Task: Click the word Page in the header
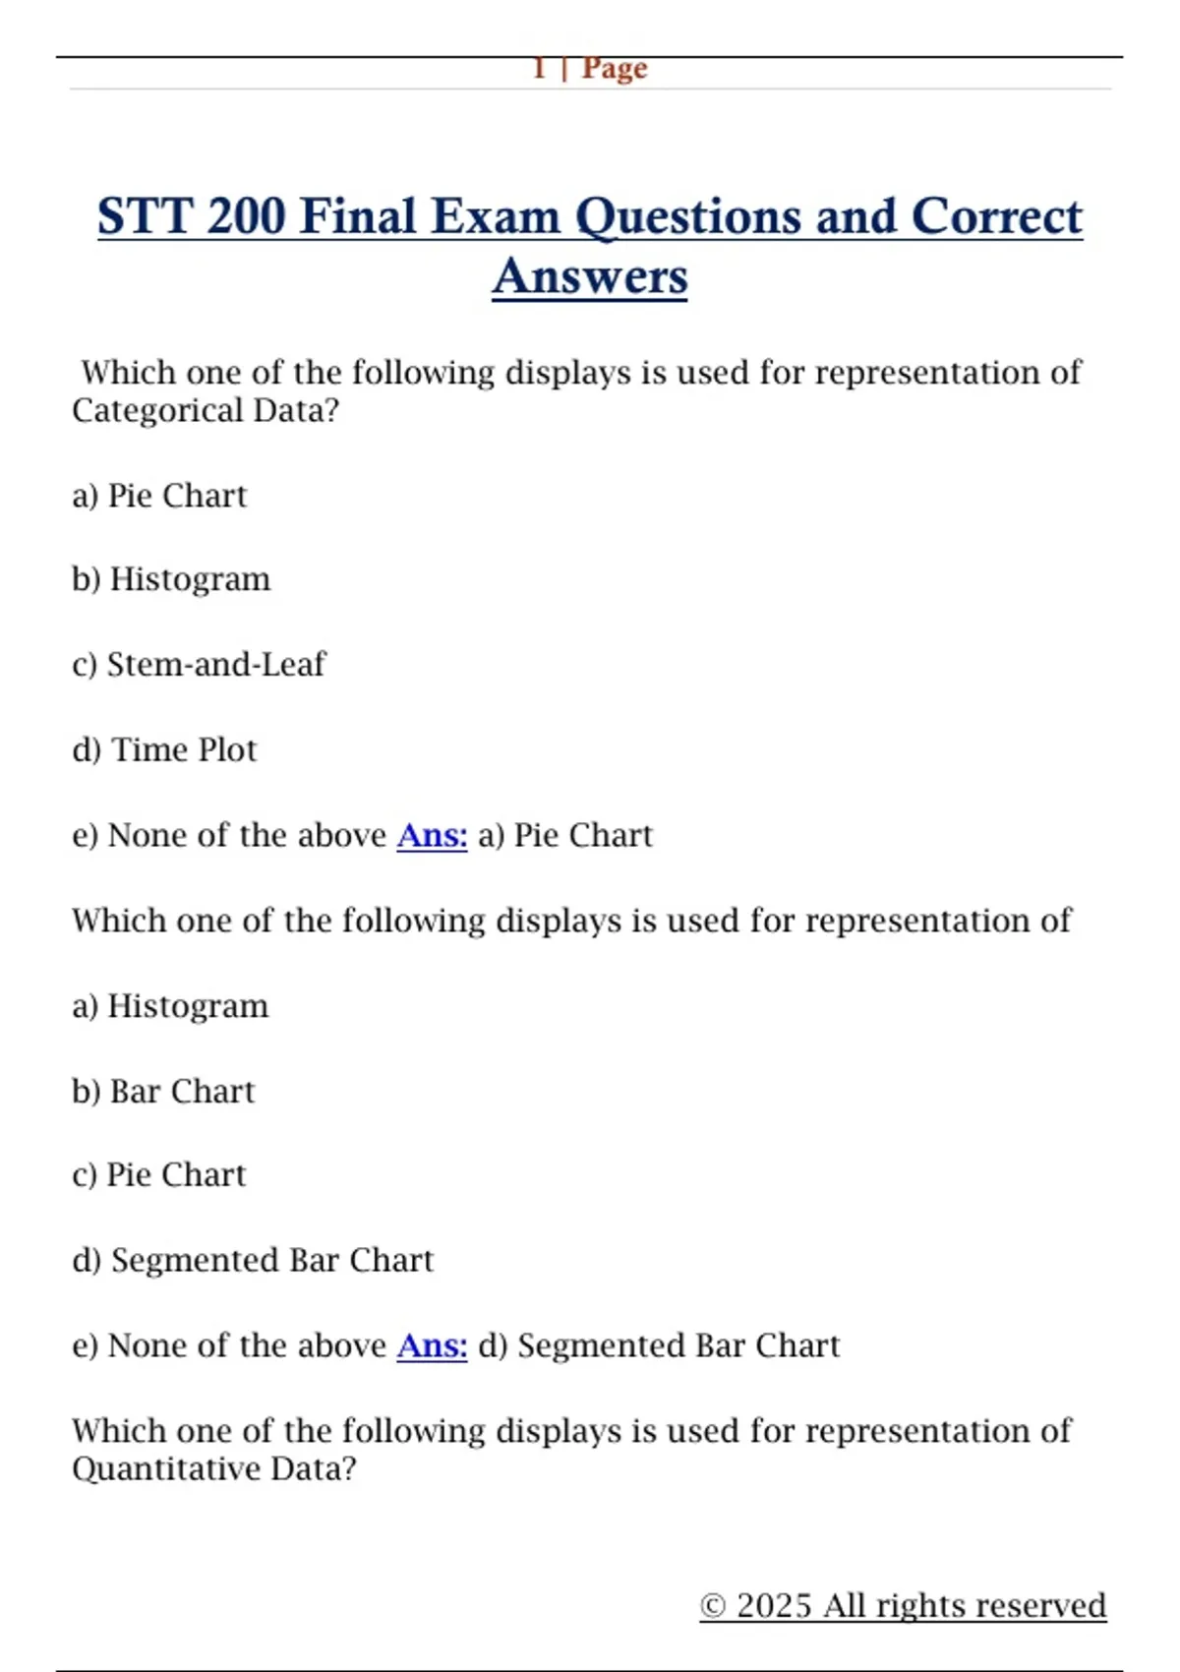(x=615, y=69)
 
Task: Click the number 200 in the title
(x=246, y=216)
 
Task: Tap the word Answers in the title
(x=590, y=276)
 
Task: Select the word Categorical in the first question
(x=157, y=410)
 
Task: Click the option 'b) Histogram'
(x=171, y=579)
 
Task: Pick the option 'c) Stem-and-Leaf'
(x=199, y=665)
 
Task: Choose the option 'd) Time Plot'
(x=164, y=750)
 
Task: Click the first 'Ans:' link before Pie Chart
(x=432, y=835)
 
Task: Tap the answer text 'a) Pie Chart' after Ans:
(x=565, y=835)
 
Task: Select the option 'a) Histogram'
(x=170, y=1006)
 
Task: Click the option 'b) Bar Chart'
(x=163, y=1092)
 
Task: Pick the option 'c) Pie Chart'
(x=159, y=1175)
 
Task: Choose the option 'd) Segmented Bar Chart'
(x=253, y=1261)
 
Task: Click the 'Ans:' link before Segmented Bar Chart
(x=432, y=1345)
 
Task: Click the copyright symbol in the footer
(x=713, y=1606)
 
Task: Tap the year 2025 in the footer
(x=775, y=1606)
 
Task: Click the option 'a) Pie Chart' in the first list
(x=159, y=496)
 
